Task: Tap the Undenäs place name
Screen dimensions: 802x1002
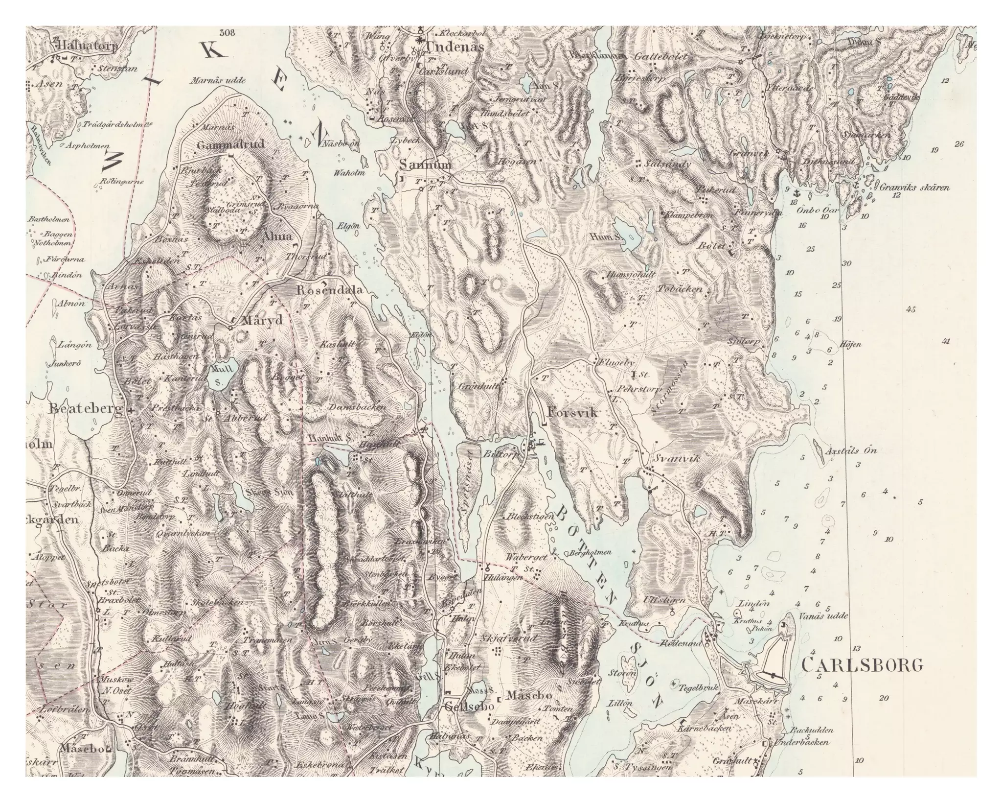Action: (x=455, y=47)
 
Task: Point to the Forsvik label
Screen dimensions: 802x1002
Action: (x=573, y=413)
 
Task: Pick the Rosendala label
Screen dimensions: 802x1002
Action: (x=330, y=290)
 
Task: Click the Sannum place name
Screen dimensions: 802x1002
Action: (x=425, y=165)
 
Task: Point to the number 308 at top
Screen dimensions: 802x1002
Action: (x=228, y=33)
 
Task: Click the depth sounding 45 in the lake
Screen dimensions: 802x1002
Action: (x=911, y=309)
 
